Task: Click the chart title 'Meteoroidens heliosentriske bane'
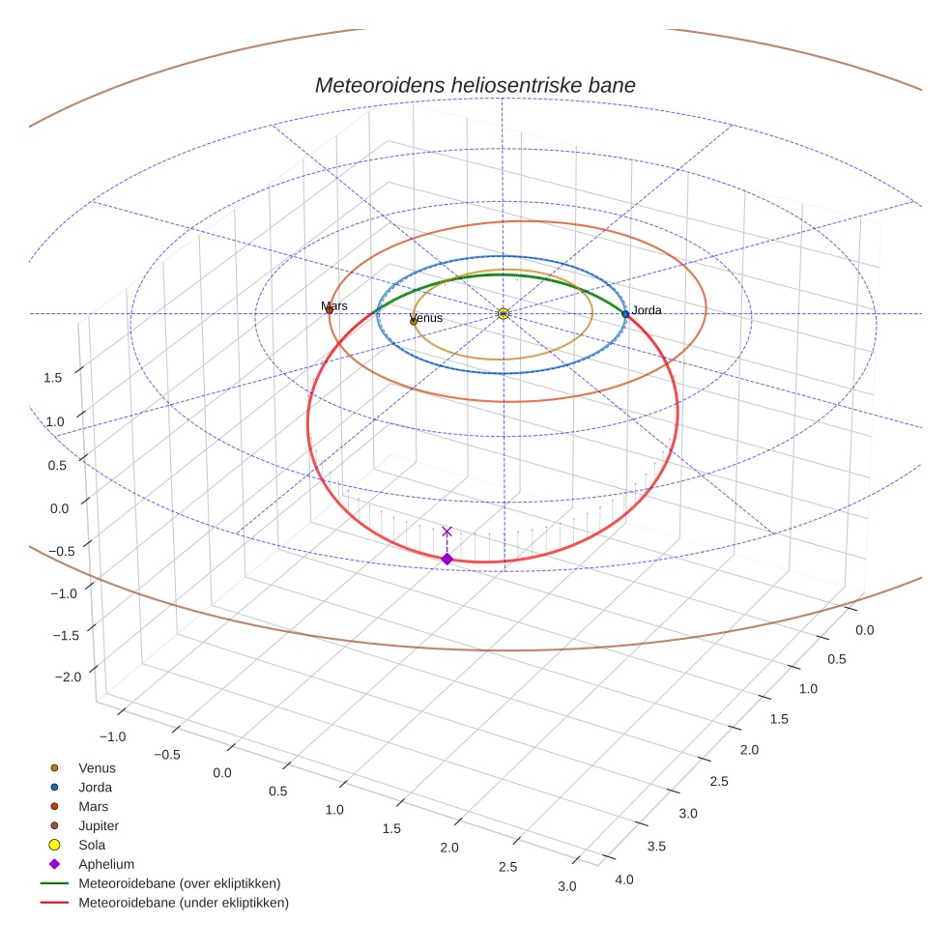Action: [475, 85]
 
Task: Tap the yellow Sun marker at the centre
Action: [504, 313]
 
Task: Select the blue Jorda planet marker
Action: [625, 314]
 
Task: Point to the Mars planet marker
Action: [330, 310]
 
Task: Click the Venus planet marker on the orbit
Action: [414, 321]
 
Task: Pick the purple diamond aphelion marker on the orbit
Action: [447, 559]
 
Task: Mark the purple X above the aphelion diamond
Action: [447, 532]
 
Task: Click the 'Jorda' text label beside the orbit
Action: [647, 310]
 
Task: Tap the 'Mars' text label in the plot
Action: [334, 305]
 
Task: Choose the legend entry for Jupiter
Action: [99, 825]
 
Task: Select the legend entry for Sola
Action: [92, 845]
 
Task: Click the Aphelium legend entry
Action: [105, 864]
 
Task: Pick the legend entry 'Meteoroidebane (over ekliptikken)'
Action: [179, 883]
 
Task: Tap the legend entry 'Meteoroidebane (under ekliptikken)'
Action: [183, 903]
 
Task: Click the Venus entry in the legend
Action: [97, 767]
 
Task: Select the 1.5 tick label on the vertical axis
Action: [53, 377]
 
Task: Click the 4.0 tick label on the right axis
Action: [624, 879]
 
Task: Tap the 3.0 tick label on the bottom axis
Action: [566, 886]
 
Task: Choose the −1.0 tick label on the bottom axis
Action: [112, 736]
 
